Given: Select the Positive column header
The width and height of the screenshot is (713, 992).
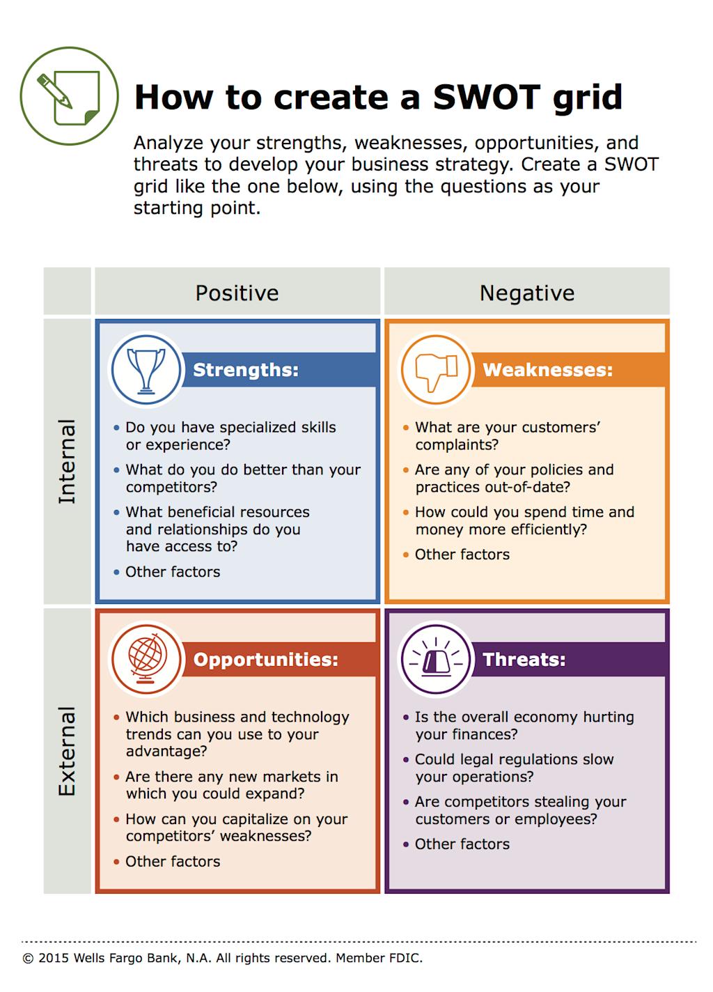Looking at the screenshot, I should click(x=237, y=293).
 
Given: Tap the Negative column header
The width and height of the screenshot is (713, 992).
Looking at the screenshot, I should click(x=527, y=293).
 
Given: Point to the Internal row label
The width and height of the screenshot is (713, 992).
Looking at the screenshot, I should click(x=67, y=461).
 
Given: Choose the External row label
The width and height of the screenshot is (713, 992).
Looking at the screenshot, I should click(x=67, y=751).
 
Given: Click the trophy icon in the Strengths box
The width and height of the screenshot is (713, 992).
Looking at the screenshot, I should click(x=146, y=370).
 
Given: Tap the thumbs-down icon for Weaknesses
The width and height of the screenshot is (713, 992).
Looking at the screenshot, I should click(x=436, y=370).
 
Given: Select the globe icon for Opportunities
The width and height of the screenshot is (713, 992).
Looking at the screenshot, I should click(x=146, y=660).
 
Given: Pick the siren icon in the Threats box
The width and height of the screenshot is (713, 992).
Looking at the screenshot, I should click(x=436, y=660).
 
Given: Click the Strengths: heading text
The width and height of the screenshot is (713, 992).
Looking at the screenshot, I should click(x=245, y=370).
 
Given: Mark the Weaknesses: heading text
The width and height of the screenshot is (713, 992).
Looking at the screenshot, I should click(x=548, y=370).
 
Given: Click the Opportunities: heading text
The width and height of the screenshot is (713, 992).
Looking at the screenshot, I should click(x=265, y=660).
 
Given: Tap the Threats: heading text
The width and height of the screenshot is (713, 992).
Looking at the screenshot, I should click(x=524, y=660).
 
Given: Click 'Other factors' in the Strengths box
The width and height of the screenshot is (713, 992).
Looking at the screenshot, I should click(x=173, y=572).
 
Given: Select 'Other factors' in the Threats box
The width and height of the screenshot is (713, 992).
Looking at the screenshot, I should click(x=462, y=844).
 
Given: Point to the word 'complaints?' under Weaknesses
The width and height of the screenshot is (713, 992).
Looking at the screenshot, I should click(x=457, y=445).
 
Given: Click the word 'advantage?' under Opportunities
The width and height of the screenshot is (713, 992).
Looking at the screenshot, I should click(x=166, y=752).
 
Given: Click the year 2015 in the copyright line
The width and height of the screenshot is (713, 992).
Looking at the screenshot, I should click(x=54, y=959).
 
